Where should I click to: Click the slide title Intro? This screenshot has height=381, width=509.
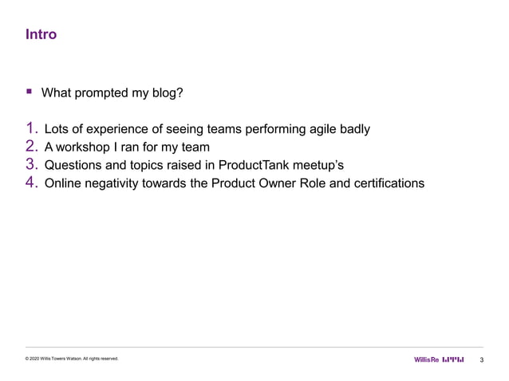tap(41, 35)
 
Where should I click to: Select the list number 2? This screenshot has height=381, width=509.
tap(32, 146)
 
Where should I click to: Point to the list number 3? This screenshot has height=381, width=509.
tap(32, 165)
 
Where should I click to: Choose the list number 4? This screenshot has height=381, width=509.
tap(32, 183)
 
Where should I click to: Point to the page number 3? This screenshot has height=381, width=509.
tap(483, 360)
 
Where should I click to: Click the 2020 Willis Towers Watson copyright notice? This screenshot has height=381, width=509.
tap(72, 359)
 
